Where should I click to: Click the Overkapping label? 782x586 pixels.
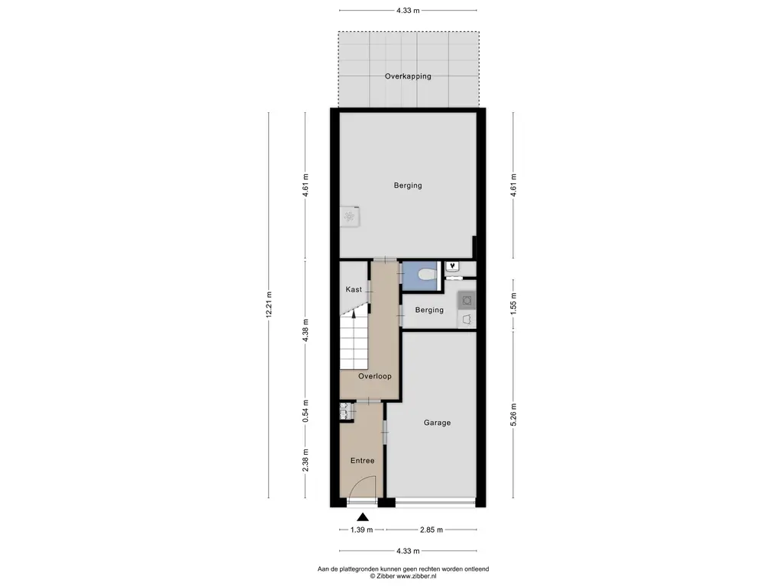(x=408, y=76)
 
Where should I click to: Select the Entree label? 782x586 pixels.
(x=362, y=461)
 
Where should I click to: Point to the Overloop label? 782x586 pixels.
(x=375, y=376)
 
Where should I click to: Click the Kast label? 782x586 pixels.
(x=354, y=290)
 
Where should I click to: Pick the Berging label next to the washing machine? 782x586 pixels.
(x=430, y=310)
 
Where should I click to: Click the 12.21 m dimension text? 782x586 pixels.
(x=270, y=305)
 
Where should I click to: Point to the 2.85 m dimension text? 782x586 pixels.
(x=432, y=530)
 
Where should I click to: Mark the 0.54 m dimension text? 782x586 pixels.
(x=305, y=412)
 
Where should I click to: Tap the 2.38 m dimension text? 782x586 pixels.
(x=305, y=459)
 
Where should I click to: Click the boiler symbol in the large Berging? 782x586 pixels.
(x=350, y=217)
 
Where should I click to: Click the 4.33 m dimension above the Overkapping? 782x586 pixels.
(x=408, y=11)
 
